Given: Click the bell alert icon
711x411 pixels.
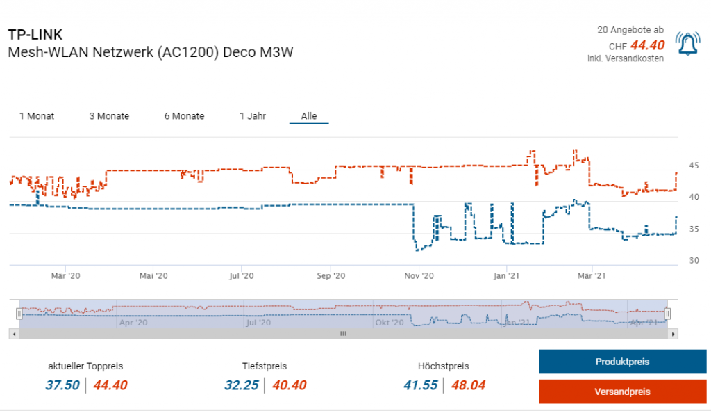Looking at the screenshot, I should (687, 45).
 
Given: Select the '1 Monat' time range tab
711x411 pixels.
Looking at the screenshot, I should (37, 116).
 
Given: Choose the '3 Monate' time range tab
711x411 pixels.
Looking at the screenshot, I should (109, 116).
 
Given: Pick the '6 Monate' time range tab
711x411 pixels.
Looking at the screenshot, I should (184, 116).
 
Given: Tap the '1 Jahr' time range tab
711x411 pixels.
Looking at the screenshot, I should (253, 116).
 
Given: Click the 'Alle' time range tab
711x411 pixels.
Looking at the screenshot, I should (309, 116).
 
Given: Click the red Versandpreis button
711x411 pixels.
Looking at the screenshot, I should (622, 392).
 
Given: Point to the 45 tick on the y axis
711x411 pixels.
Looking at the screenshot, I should (694, 166).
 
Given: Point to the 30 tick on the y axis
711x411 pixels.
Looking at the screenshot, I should (694, 261).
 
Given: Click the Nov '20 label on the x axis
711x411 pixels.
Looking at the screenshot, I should (419, 276).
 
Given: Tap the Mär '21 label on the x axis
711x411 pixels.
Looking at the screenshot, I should (589, 276).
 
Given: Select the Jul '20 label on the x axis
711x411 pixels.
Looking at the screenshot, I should (242, 276).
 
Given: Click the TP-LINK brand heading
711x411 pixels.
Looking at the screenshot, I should (35, 34).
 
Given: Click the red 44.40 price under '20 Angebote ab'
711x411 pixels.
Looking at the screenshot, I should (647, 46).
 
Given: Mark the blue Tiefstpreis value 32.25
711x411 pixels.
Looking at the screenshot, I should (242, 385).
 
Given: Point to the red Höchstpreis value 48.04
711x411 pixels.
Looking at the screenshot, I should (469, 385).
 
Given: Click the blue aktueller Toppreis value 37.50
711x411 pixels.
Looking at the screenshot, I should (62, 385).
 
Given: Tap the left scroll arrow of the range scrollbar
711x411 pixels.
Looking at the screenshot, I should (14, 334).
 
